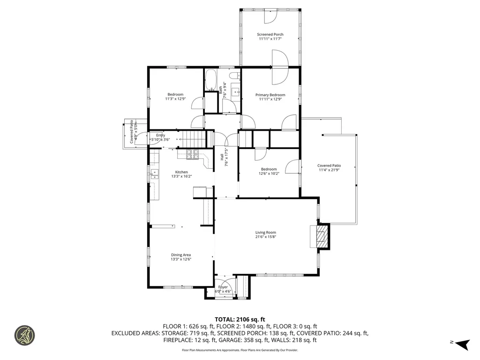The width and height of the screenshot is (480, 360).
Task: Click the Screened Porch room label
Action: point(270,35)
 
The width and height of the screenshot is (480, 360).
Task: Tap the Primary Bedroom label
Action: point(270,95)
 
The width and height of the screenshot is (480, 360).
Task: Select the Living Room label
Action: point(266,232)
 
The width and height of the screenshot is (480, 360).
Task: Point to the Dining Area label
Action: point(181,255)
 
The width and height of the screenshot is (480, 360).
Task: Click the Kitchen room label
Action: point(181,172)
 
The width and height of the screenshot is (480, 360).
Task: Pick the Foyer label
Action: point(223,287)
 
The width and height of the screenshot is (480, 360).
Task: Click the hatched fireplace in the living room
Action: point(321,237)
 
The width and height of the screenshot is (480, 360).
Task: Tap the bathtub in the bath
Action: point(210,80)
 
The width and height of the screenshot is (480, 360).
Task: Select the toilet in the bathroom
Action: point(235,75)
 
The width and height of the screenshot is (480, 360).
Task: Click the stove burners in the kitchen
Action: point(193,154)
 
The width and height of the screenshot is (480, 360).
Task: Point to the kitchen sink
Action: point(155,174)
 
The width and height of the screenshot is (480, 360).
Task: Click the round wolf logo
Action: point(25,335)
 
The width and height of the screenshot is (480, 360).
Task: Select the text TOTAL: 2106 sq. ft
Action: point(240,320)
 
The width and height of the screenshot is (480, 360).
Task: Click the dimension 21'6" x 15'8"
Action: point(266,237)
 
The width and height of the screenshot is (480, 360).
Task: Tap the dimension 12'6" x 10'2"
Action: point(269,173)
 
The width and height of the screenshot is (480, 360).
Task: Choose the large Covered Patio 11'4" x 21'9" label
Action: point(329,168)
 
